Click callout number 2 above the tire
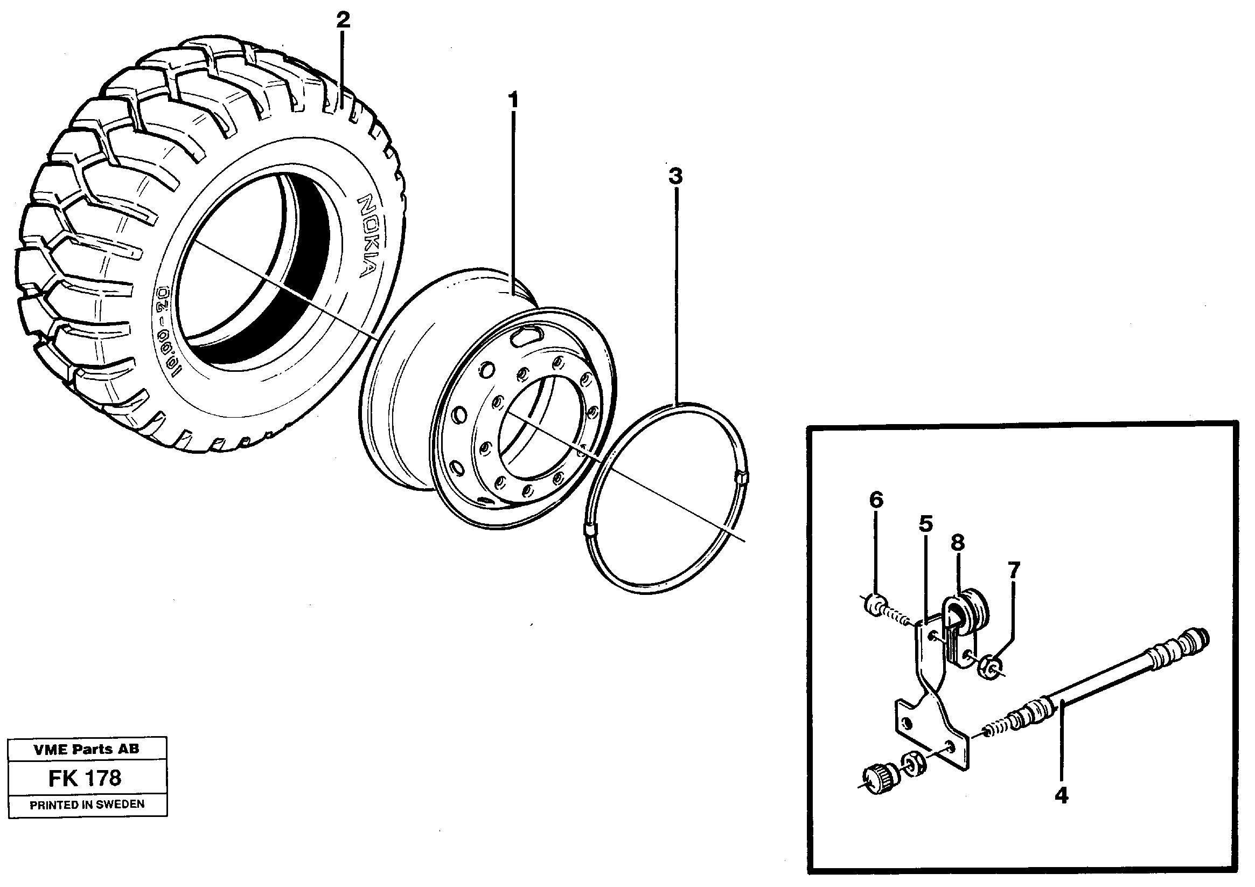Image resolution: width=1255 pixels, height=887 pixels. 343,20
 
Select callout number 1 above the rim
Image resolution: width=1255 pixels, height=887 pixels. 513,101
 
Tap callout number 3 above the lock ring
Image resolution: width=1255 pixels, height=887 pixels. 675,176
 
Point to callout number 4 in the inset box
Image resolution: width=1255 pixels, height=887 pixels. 1061,796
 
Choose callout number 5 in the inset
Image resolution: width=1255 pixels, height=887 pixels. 925,524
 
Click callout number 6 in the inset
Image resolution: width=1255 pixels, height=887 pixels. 876,500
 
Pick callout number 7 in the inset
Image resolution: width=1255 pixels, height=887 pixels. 1013,571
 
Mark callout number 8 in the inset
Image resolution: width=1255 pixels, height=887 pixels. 957,543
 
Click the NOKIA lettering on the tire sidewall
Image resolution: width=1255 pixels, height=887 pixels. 366,236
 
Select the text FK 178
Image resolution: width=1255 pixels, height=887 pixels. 85,778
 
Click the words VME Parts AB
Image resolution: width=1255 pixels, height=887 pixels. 86,750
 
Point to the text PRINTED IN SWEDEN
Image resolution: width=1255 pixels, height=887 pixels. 87,805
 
